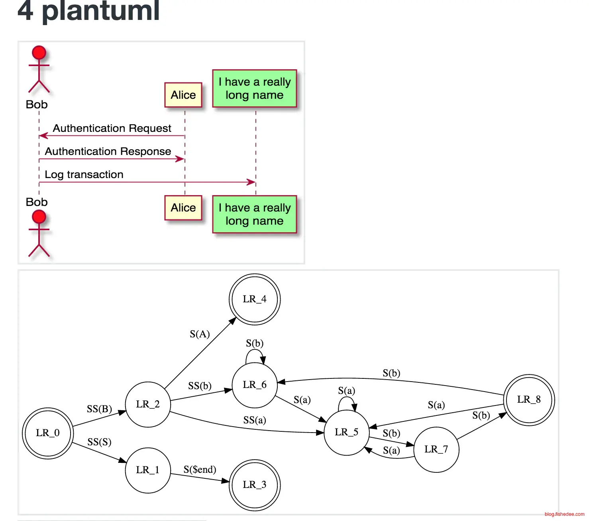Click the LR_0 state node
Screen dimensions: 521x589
pos(48,433)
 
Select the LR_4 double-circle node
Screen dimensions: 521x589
pos(255,299)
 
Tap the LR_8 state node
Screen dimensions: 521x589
pos(529,400)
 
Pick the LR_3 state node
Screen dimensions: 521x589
pos(255,485)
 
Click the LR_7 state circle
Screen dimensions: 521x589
pos(436,449)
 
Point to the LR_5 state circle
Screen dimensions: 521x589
pos(346,432)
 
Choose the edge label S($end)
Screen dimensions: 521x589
pos(200,470)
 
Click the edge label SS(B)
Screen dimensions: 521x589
pos(99,409)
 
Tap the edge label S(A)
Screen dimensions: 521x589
pos(200,334)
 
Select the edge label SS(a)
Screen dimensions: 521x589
pos(255,420)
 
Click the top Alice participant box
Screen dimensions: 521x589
pos(183,95)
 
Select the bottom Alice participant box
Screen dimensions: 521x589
pos(183,208)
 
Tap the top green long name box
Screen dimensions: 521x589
pos(255,88)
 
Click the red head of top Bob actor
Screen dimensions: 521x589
pos(39,53)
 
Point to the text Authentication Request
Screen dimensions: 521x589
pos(112,128)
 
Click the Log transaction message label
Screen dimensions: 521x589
pos(84,174)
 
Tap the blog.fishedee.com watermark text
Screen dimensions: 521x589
pos(564,514)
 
